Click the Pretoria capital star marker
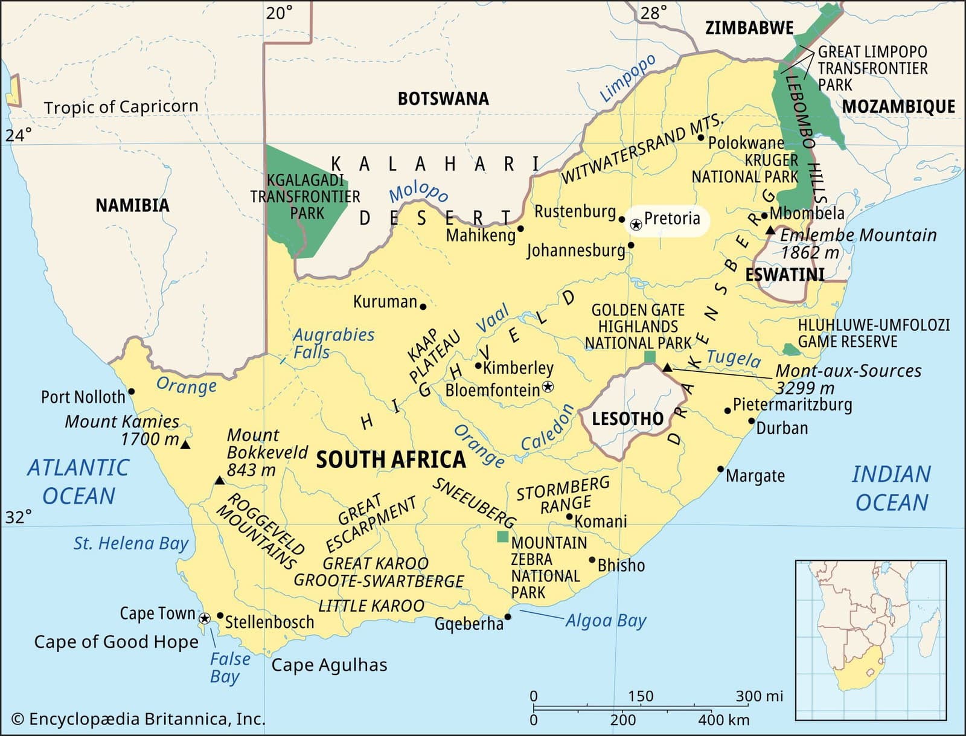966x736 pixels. (636, 225)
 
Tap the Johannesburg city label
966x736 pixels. (575, 250)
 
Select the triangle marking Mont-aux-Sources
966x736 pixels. (667, 368)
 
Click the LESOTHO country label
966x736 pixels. (627, 418)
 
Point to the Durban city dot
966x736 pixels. (752, 421)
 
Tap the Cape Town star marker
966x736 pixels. (205, 618)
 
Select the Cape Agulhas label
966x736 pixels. (329, 665)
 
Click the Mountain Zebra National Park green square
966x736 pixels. (502, 536)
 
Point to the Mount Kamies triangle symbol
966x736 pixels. (185, 445)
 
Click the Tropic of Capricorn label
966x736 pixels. (121, 107)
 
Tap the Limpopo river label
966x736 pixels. (627, 78)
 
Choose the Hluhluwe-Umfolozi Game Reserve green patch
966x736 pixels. (789, 350)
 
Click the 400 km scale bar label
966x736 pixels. (723, 720)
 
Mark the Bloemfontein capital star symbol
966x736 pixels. (548, 386)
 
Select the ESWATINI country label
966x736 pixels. (784, 275)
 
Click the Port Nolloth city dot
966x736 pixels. (132, 391)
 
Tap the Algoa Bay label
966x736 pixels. (606, 620)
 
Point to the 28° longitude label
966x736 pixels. (654, 12)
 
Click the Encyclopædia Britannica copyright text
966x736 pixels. (138, 718)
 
